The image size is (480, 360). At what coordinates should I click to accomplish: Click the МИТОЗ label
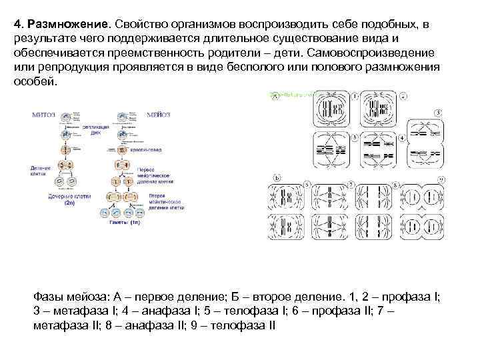(x=44, y=114)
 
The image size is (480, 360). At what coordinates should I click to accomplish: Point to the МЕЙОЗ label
(x=158, y=114)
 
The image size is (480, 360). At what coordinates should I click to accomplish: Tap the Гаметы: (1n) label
(x=125, y=222)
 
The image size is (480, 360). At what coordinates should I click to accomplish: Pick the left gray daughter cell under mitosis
(x=59, y=182)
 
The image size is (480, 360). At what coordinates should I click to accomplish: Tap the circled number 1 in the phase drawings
(x=355, y=97)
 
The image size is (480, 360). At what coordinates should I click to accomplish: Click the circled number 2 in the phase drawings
(x=403, y=97)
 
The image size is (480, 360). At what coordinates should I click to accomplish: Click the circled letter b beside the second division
(x=277, y=178)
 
